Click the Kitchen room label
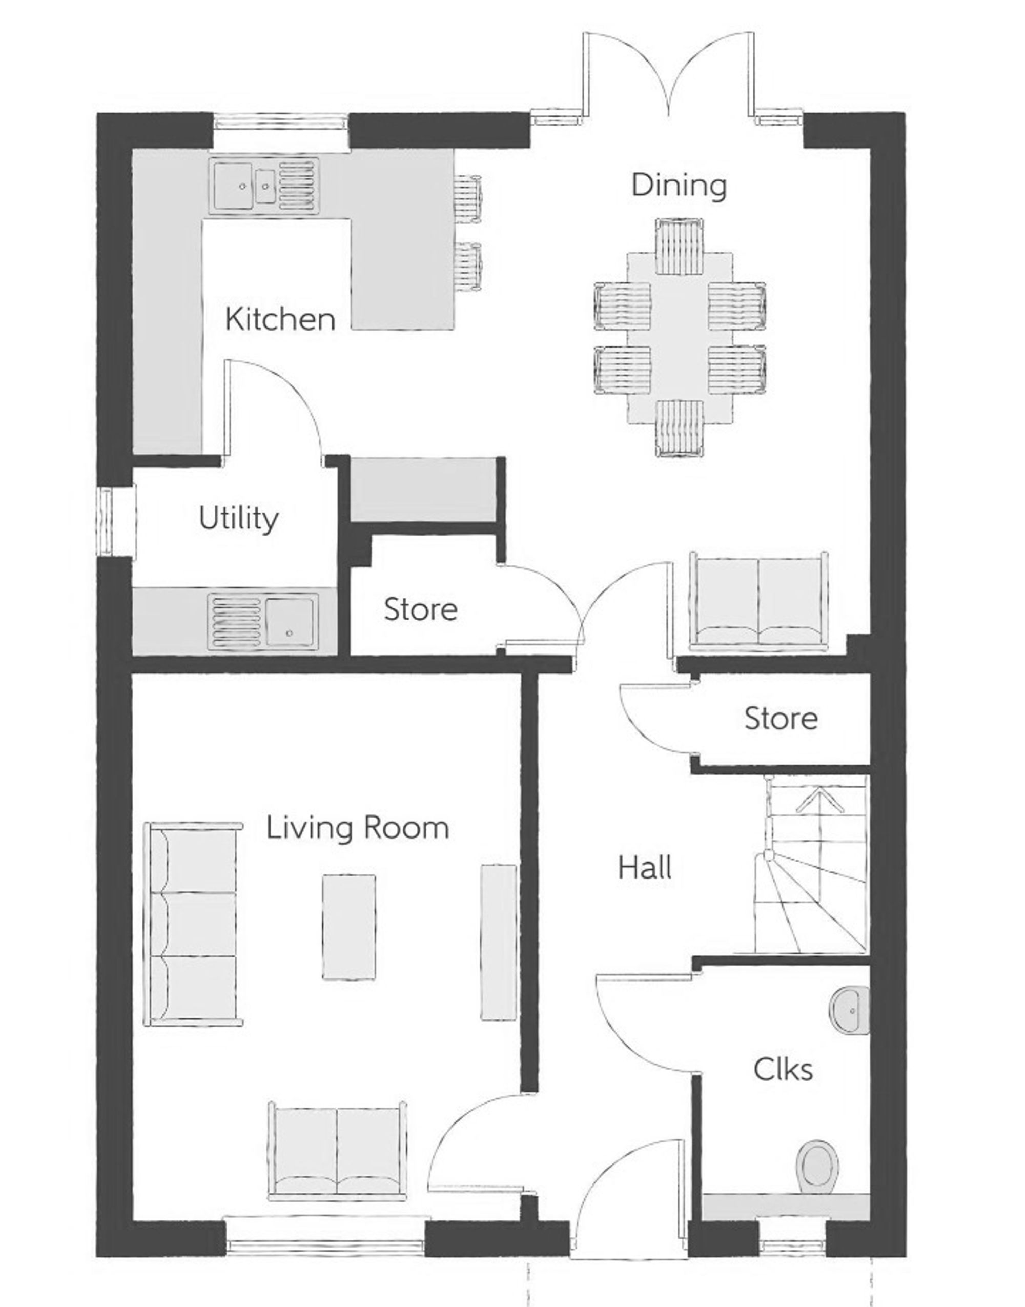(280, 319)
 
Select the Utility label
(238, 519)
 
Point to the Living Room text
(357, 828)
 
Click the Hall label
(645, 868)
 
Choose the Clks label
(783, 1069)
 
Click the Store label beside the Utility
(420, 610)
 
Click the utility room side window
(107, 521)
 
